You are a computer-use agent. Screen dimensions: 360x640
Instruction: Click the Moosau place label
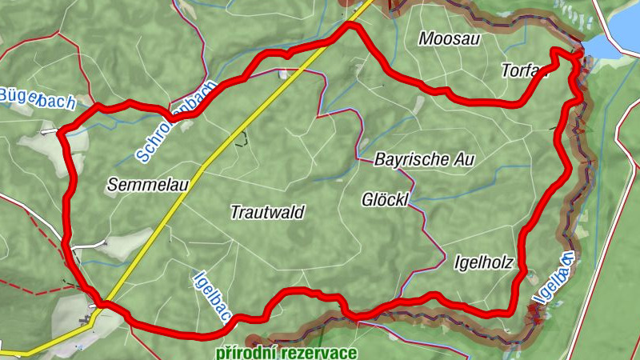pos(449,38)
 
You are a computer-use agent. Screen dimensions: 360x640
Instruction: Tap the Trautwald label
pos(267,212)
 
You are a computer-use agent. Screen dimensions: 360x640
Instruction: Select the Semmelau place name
pos(147,186)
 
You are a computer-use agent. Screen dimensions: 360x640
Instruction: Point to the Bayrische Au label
pos(424,159)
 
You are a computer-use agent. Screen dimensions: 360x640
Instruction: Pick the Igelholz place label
pos(482,262)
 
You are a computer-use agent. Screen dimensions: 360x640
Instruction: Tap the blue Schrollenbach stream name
pos(176,120)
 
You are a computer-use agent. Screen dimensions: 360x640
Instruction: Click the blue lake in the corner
pos(620,32)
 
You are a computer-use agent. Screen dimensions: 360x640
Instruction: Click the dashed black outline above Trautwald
pos(239,139)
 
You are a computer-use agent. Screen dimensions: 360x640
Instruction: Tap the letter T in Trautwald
pos(235,212)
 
